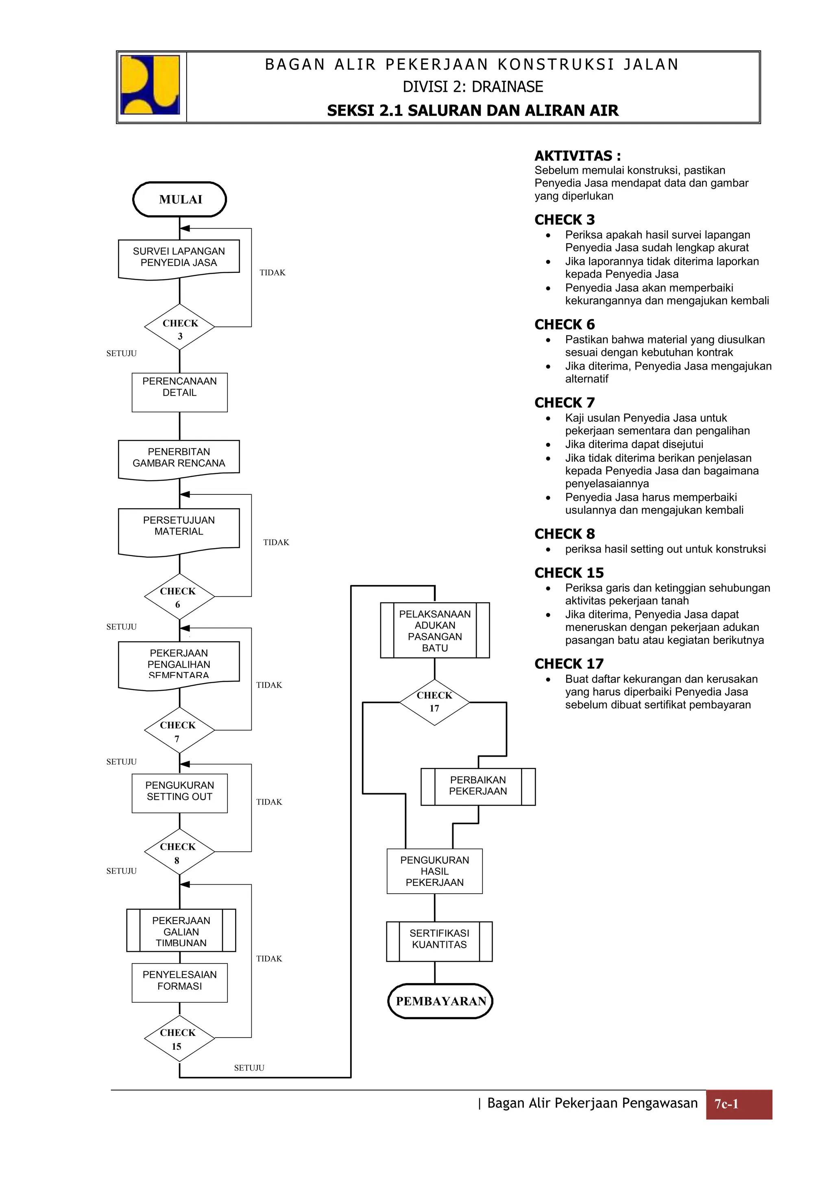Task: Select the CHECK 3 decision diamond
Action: tap(179, 327)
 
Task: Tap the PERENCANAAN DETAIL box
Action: tap(179, 392)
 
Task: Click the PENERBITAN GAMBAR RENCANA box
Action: tap(179, 458)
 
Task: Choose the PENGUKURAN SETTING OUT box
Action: tap(179, 793)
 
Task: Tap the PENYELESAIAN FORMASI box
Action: tap(179, 982)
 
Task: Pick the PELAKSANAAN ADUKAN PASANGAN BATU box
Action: tap(435, 631)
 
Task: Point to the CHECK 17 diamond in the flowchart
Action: tap(434, 702)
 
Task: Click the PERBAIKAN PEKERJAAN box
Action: tap(478, 786)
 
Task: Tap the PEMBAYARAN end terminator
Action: tap(440, 1001)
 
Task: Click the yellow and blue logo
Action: tap(150, 85)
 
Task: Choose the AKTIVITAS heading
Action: tap(578, 156)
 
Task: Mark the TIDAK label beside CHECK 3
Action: tap(273, 273)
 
